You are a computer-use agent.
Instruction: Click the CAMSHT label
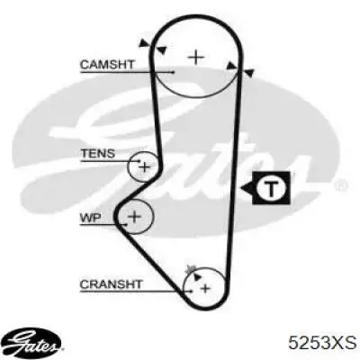point(107,65)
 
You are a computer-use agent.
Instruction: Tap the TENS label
point(98,154)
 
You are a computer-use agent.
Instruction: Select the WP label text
point(90,217)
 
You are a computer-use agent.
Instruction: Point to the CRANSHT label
point(111,283)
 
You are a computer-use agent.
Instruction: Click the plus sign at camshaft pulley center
point(195,57)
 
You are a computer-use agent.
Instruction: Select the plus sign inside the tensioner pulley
point(145,166)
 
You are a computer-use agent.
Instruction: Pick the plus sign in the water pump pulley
point(134,216)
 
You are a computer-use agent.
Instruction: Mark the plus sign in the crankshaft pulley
point(205,289)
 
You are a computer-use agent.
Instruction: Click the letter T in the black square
point(271,188)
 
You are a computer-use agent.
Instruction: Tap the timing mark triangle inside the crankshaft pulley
point(196,276)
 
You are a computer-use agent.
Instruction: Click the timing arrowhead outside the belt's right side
point(249,73)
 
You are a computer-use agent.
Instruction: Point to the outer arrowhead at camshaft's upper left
point(145,43)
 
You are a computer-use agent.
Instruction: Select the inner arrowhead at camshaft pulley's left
point(162,50)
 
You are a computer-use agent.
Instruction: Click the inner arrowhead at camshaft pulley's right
point(231,66)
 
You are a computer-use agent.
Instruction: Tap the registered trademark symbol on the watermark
point(342,185)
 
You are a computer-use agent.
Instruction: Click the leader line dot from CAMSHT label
point(173,72)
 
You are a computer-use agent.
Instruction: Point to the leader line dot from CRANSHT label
point(191,291)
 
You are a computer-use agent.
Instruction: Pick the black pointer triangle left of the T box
point(247,188)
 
